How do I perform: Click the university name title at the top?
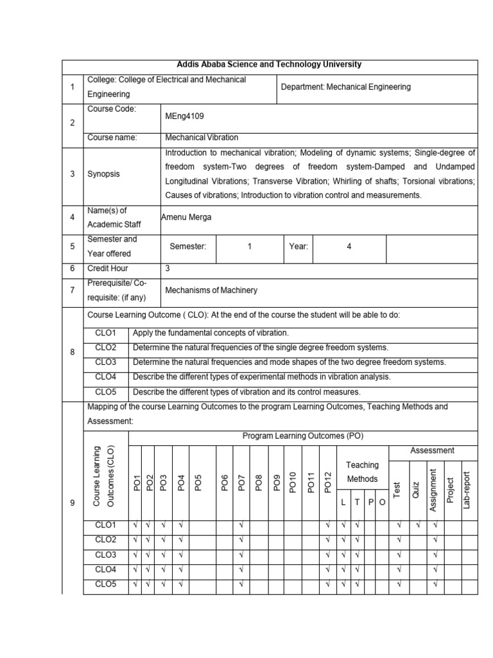pos(269,65)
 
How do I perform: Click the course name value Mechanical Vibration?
pos(202,138)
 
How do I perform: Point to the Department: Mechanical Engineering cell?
pos(346,87)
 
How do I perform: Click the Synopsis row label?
pos(103,174)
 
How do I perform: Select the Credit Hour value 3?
pos(168,269)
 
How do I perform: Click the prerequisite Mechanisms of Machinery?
pos(211,290)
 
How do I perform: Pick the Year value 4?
pos(349,247)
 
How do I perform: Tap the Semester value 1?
pos(249,247)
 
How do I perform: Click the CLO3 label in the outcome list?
pos(106,362)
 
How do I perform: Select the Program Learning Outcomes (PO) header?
pos(303,436)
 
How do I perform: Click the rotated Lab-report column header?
pos(467,485)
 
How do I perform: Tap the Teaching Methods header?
pos(363,472)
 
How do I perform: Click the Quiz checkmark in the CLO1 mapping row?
pos(418,526)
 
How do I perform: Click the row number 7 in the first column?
pos(73,290)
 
